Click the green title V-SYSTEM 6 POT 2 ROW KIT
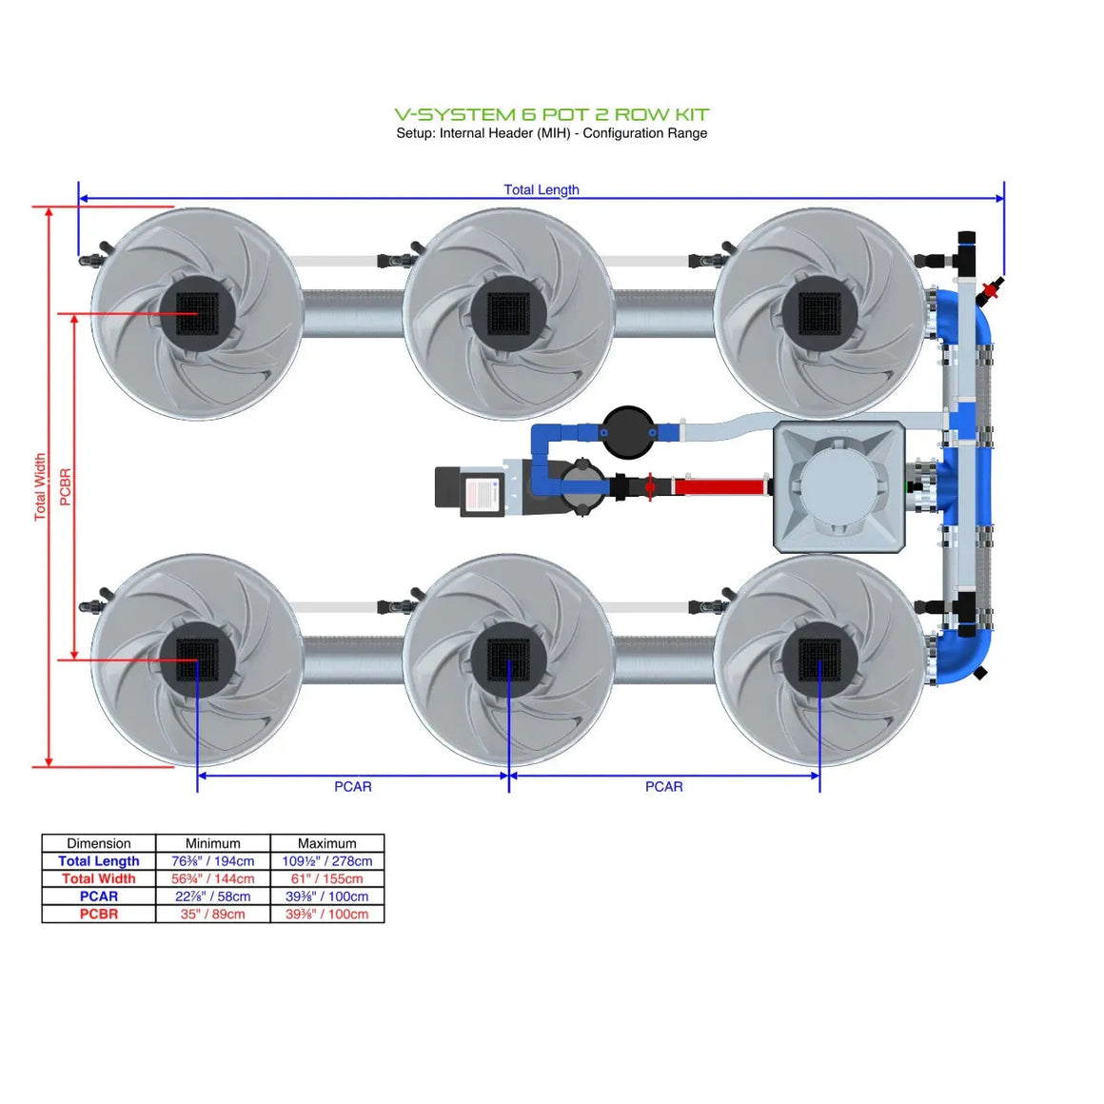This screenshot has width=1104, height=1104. point(551,114)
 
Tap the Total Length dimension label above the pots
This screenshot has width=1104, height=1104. point(541,189)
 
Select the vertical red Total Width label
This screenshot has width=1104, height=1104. point(40,486)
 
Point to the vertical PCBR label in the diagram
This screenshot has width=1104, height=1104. point(66,486)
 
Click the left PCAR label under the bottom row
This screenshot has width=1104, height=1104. point(352,786)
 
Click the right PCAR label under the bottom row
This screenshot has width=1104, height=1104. point(663,786)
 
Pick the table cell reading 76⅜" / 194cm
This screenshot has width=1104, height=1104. point(213,861)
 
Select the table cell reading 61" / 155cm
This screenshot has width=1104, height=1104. point(326,878)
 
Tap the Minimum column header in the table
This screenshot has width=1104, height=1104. point(213,843)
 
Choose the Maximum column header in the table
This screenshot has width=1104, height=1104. point(326,843)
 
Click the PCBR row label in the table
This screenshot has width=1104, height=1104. point(99,914)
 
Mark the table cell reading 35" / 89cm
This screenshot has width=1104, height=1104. point(213,914)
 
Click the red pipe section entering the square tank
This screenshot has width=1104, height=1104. point(719,487)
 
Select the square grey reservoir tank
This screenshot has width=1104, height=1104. point(838,487)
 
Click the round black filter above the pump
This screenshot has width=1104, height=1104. point(628,431)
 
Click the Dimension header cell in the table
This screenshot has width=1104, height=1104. point(99,843)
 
